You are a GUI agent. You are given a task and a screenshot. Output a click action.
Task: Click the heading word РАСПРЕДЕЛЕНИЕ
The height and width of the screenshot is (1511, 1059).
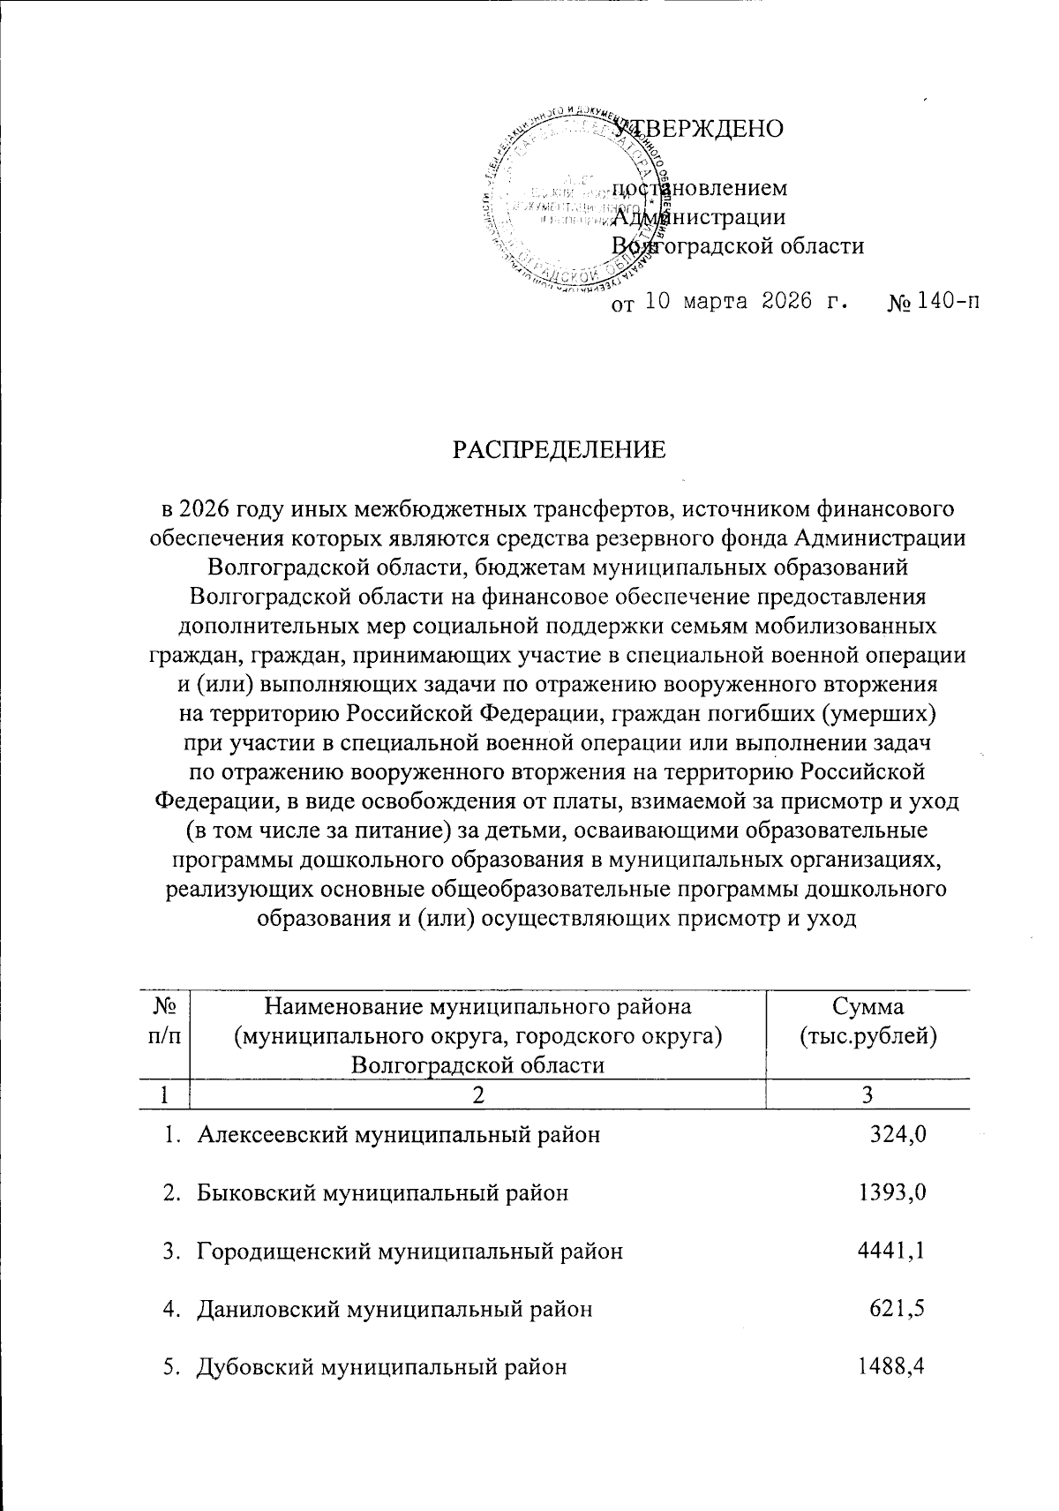(x=560, y=451)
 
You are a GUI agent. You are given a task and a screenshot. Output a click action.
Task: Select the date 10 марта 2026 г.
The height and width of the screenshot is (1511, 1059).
(x=748, y=304)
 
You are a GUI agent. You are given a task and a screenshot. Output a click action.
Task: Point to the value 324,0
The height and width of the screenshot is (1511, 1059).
(x=898, y=1135)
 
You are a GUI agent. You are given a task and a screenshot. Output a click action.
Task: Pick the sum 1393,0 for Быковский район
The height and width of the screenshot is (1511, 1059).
(x=891, y=1193)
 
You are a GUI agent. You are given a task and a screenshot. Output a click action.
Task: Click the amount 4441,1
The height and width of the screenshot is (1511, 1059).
(x=891, y=1251)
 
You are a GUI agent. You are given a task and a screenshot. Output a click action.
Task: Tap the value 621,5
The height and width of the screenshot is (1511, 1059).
(x=898, y=1309)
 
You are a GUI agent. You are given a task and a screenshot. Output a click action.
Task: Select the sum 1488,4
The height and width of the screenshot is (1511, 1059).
(x=891, y=1367)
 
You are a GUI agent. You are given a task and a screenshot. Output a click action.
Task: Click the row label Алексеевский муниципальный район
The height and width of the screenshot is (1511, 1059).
(x=398, y=1135)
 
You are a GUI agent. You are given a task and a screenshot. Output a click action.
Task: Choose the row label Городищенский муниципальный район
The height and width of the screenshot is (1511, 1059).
(x=409, y=1251)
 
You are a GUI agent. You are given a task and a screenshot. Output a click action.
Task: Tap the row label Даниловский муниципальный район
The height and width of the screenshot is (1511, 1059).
(x=394, y=1309)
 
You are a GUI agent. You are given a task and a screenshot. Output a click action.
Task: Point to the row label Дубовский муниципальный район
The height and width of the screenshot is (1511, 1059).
(x=381, y=1367)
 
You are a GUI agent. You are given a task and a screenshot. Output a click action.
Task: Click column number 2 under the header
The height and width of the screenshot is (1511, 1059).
(x=477, y=1095)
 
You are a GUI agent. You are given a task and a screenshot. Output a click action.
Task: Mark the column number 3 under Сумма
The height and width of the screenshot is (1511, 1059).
(x=867, y=1095)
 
